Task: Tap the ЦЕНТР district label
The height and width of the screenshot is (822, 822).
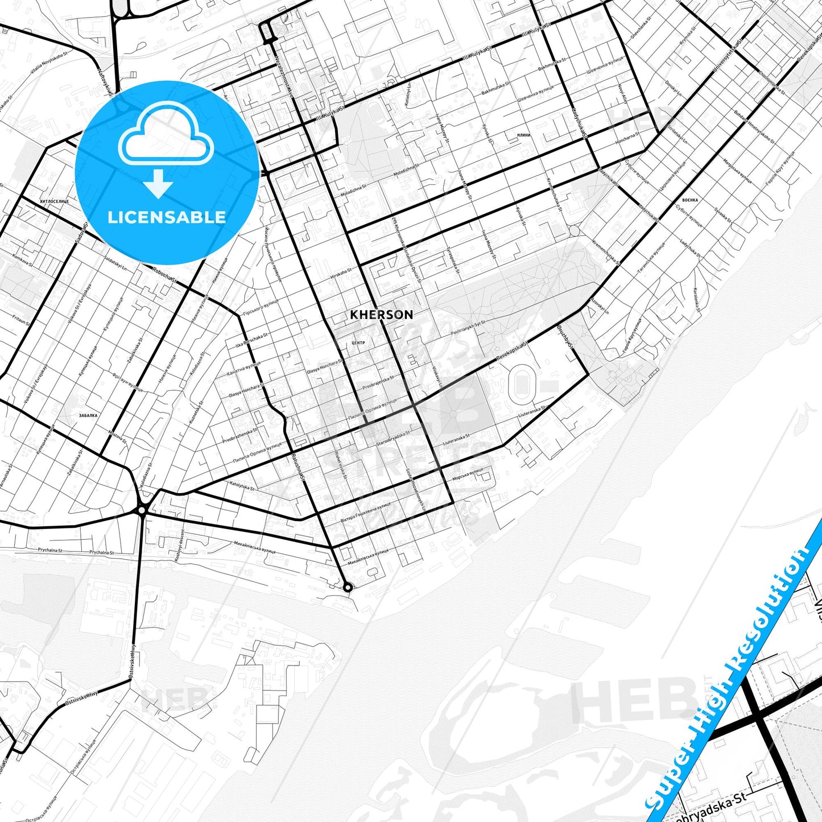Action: [x=358, y=343]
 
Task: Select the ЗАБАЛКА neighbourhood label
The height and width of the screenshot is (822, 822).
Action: [x=88, y=416]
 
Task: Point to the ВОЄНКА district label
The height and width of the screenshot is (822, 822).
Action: [x=689, y=200]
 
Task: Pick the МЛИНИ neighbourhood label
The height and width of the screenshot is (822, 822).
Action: [x=523, y=135]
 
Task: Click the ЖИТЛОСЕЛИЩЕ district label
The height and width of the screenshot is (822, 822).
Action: [x=55, y=201]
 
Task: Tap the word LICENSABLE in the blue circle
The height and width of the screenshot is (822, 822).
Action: [x=167, y=217]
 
